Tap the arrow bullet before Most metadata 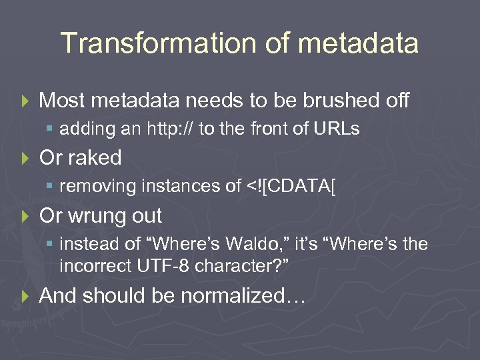point(25,101)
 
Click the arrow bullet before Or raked point(25,158)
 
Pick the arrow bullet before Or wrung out point(25,216)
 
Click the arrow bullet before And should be point(25,296)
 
